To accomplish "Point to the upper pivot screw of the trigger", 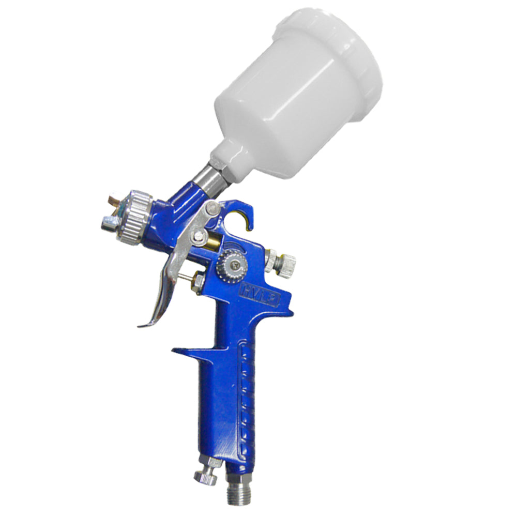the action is click(x=213, y=208).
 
